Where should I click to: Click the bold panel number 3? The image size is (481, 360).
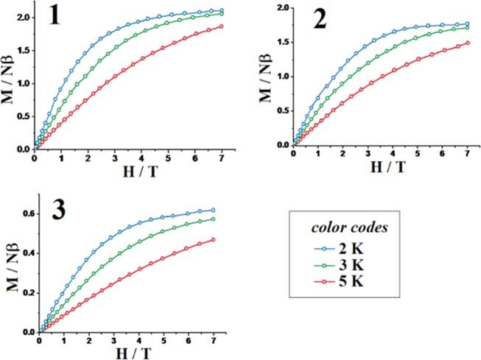[x=57, y=210]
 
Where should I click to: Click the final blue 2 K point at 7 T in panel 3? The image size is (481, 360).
[x=214, y=210]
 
